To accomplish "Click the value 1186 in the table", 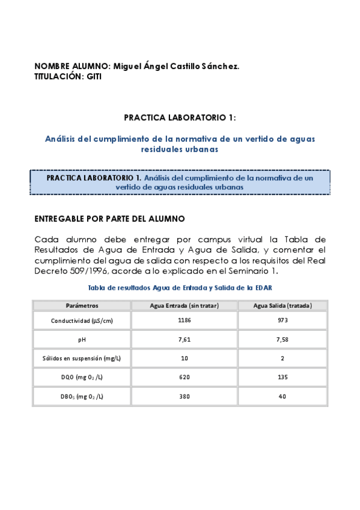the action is coord(184,321).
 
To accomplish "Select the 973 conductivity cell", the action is coord(282,321).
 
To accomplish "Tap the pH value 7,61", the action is coord(184,340).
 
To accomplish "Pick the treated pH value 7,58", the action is coord(282,340).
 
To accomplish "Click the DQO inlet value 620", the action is coord(184,377).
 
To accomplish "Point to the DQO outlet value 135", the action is coord(282,377).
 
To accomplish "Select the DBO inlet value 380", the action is coord(184,396).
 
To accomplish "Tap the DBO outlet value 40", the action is coord(282,396).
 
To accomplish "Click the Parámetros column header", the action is coord(82,306).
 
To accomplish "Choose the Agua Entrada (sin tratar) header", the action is coord(184,306).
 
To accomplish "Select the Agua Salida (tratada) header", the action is coord(282,306).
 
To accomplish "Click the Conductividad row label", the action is coord(82,321).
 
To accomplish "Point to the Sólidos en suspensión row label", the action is coord(82,358).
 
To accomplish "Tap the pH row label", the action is coord(82,340).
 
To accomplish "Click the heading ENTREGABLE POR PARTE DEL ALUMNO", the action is coord(109,218).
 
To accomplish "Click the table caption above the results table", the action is coord(180,287).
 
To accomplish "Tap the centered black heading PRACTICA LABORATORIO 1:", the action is coord(180,117).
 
